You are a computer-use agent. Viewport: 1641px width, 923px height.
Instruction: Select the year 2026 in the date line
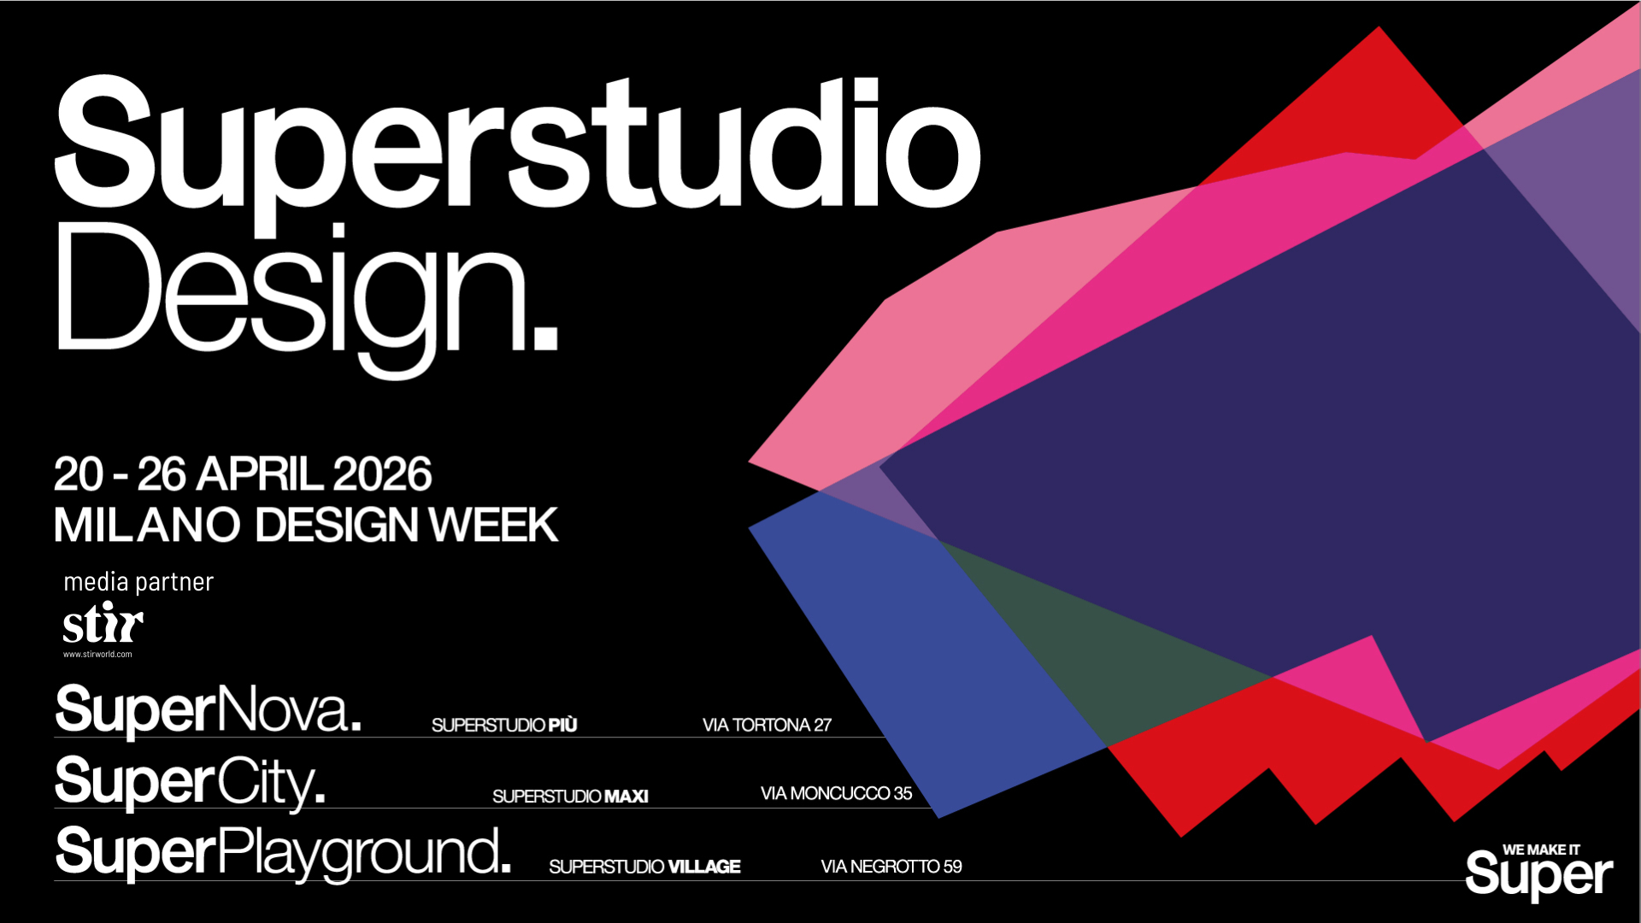point(382,474)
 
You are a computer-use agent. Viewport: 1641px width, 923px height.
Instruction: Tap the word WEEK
point(493,525)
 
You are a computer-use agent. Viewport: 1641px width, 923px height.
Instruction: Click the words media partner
point(138,582)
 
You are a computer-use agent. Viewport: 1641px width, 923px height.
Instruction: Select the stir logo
point(103,622)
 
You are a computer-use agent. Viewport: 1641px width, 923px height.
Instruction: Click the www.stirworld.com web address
point(97,655)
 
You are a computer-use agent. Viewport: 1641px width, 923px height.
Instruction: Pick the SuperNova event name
point(208,709)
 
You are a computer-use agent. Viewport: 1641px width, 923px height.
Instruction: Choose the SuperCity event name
point(190,782)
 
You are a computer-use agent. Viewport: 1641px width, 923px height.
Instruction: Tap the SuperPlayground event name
point(283,853)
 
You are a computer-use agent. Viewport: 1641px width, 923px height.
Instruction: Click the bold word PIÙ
point(562,725)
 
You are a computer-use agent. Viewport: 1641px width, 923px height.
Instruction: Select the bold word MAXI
point(626,797)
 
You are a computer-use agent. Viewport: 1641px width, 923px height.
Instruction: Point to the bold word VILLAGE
point(704,867)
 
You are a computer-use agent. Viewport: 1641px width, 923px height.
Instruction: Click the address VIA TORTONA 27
point(767,725)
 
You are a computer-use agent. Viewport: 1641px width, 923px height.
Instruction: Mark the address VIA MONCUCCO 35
point(836,794)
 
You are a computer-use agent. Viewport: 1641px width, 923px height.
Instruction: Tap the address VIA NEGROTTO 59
point(891,867)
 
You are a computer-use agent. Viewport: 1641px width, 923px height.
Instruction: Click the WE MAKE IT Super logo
point(1539,872)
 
